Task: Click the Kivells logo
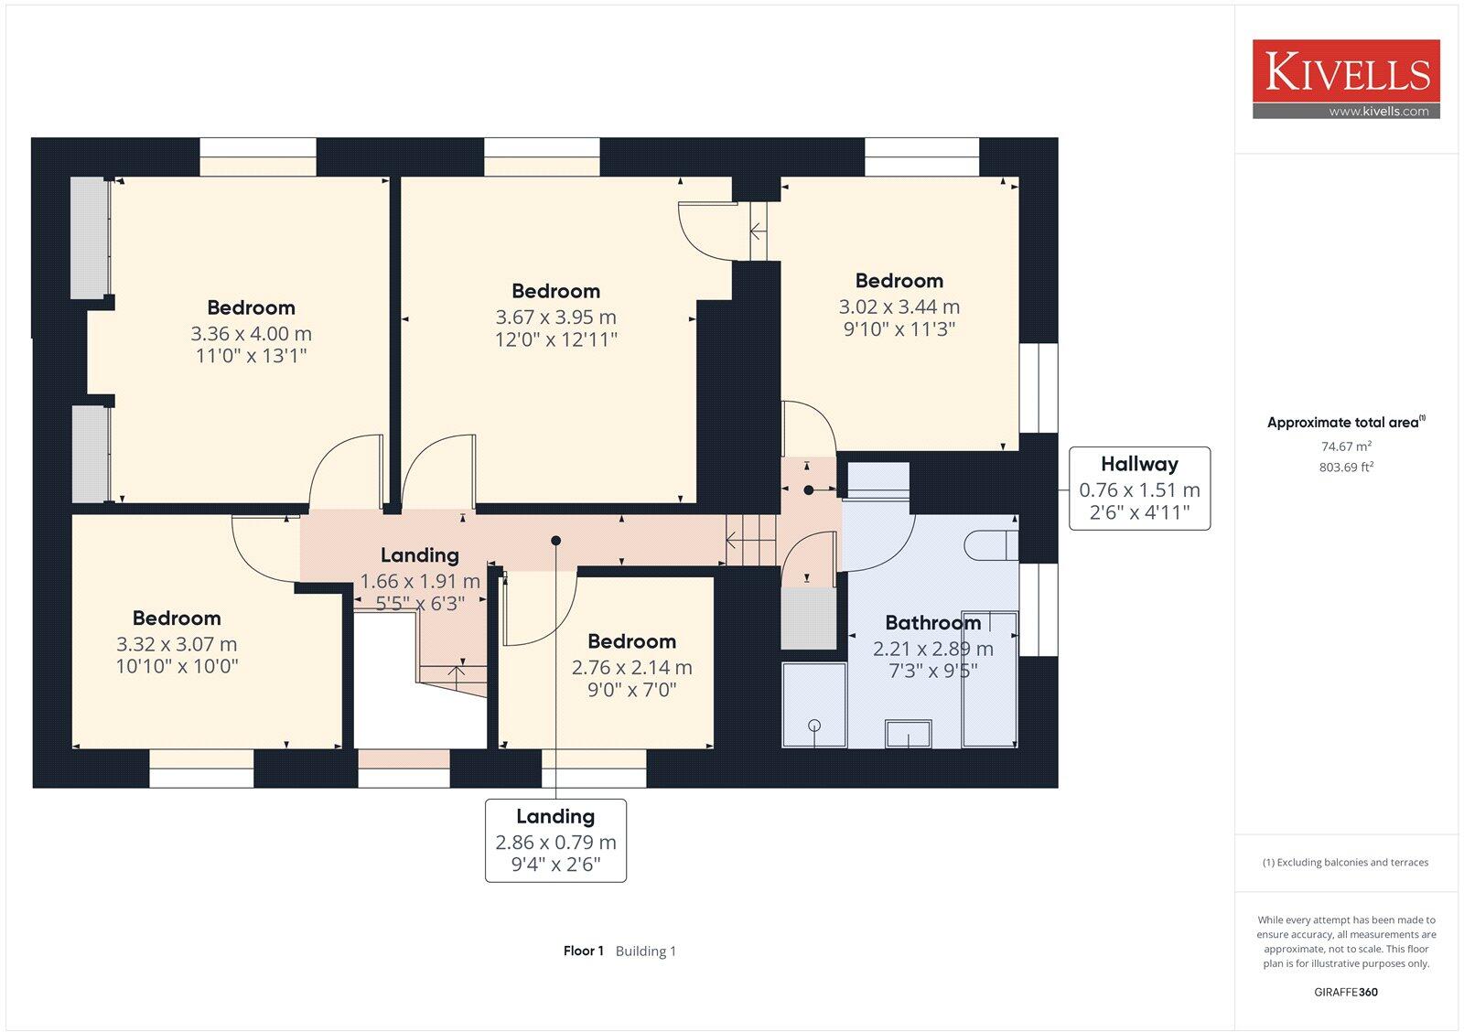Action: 1346,79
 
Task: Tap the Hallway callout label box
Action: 1139,489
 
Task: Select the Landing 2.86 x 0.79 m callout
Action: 555,840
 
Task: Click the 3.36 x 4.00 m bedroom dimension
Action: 251,334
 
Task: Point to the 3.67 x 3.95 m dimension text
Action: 555,317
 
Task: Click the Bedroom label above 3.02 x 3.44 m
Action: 899,281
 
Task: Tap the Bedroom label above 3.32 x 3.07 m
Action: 177,618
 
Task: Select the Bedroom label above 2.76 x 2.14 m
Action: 631,641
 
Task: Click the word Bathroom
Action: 932,623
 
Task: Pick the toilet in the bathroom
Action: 990,545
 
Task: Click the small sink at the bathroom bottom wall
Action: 908,734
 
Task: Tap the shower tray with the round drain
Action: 813,704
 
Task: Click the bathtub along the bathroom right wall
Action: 989,679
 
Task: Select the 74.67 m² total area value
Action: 1345,446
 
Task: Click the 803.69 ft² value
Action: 1345,468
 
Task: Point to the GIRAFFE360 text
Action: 1345,992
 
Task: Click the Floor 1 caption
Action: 583,951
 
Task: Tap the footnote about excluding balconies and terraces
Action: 1345,863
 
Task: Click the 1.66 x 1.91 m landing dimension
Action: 419,581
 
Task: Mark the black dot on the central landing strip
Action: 555,541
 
